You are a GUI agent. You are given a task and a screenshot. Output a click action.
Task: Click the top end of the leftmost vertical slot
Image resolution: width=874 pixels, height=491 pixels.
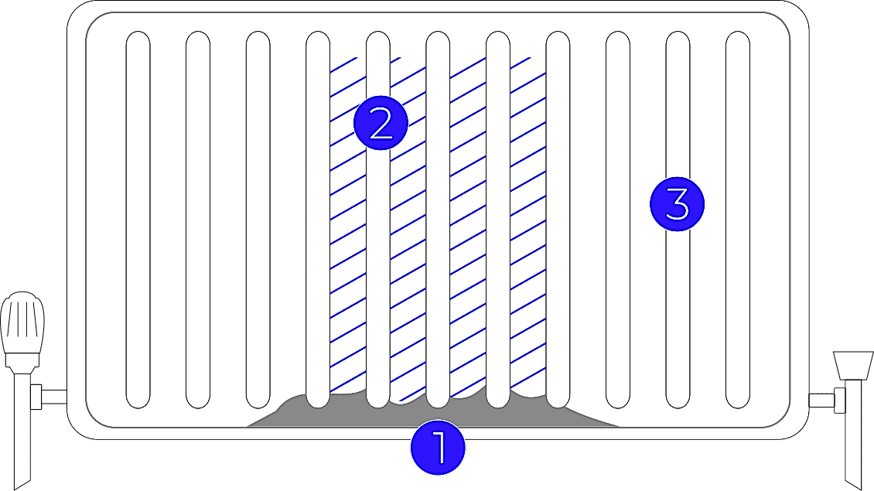[x=138, y=31]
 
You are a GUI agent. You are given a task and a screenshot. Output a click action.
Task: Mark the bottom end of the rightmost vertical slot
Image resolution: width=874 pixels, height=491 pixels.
[x=738, y=408]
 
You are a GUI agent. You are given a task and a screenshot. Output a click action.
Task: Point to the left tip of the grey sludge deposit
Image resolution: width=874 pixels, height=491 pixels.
[x=248, y=426]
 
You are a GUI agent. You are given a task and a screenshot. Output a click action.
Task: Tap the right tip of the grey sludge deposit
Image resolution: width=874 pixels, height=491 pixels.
[x=620, y=426]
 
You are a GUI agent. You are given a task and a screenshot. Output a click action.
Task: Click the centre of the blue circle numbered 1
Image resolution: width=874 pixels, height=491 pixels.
[x=438, y=448]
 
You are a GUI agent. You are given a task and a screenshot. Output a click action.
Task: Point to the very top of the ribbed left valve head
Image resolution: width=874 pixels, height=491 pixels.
[x=22, y=292]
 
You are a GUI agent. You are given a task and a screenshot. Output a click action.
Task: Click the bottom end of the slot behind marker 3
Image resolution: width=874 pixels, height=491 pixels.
[x=678, y=408]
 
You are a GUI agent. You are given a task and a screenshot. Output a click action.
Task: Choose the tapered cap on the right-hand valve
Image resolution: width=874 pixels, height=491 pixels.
[x=853, y=366]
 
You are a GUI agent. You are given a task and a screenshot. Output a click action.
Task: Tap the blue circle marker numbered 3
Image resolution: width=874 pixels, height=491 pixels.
[x=678, y=204]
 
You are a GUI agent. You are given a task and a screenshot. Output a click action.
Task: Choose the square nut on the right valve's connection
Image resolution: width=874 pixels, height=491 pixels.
[x=839, y=401]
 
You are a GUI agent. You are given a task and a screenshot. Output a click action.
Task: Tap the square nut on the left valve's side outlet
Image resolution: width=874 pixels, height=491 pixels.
[x=36, y=397]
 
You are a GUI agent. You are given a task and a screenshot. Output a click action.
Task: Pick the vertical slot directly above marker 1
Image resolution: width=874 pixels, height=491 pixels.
[x=438, y=220]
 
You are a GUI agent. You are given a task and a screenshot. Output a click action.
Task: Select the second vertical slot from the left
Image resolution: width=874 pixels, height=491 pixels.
[x=198, y=220]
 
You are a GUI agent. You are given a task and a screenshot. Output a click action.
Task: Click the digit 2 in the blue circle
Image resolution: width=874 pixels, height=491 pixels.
[x=381, y=124]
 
